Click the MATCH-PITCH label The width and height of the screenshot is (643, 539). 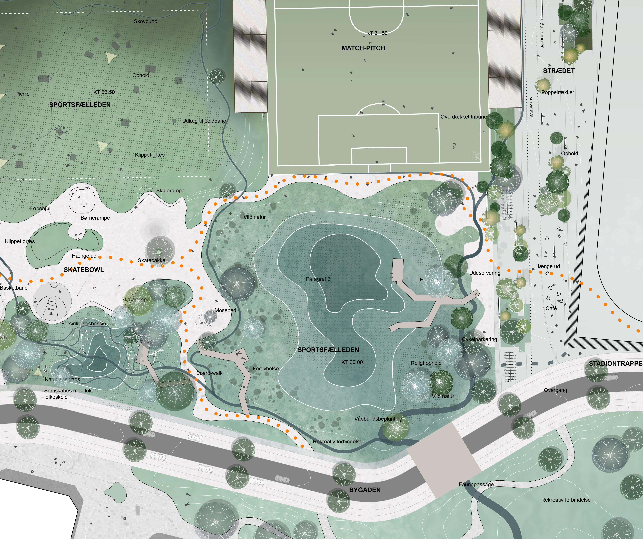pyautogui.click(x=363, y=48)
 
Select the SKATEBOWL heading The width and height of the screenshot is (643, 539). pyautogui.click(x=84, y=270)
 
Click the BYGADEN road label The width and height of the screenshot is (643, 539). pyautogui.click(x=365, y=490)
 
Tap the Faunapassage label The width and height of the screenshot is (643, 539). pyautogui.click(x=476, y=484)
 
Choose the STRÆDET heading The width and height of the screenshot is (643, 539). pyautogui.click(x=559, y=71)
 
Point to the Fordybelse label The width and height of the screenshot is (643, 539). pyautogui.click(x=265, y=369)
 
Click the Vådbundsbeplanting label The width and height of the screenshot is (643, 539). pyautogui.click(x=378, y=419)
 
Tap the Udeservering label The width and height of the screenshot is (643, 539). pyautogui.click(x=485, y=273)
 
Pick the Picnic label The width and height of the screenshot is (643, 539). pyautogui.click(x=22, y=94)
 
